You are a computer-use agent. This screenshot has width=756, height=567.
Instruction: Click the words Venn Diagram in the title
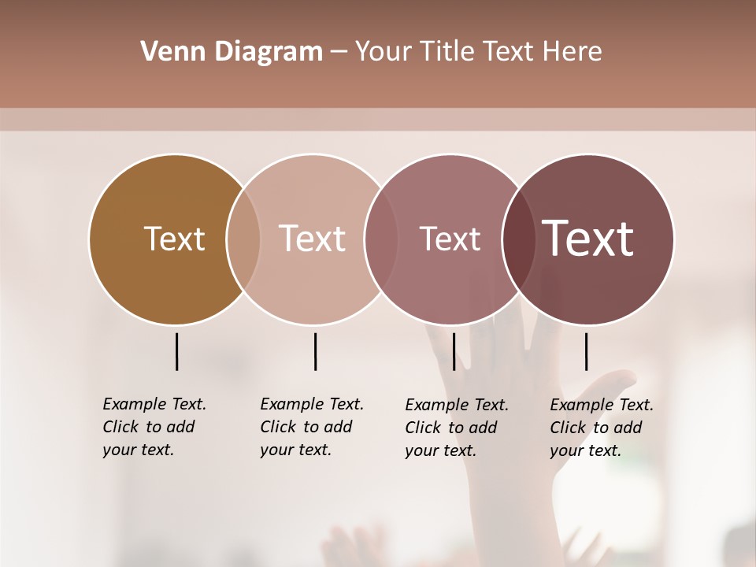[232, 52]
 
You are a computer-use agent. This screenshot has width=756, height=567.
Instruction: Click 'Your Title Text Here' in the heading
[478, 52]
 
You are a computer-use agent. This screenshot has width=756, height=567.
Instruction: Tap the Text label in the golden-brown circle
[174, 239]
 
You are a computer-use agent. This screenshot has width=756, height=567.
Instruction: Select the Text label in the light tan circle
[312, 239]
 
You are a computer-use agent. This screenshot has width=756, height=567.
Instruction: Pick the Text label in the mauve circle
[450, 239]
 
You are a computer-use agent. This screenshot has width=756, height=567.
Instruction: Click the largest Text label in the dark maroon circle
[587, 239]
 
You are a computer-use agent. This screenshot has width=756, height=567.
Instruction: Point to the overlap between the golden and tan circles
[243, 239]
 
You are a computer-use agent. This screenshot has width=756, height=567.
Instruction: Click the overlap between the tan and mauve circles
[381, 239]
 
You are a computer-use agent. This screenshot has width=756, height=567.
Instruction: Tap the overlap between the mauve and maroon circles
[518, 239]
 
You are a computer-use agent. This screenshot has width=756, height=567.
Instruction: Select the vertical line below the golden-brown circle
[176, 351]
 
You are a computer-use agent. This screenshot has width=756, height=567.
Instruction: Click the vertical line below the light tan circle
[315, 351]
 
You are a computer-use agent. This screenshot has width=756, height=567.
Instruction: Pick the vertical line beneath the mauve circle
[454, 351]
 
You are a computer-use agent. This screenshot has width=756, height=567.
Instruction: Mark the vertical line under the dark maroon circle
[586, 351]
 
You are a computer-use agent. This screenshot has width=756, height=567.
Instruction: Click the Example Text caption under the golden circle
[154, 427]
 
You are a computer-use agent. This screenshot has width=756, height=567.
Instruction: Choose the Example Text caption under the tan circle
[312, 427]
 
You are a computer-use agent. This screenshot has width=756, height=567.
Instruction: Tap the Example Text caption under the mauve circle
[457, 428]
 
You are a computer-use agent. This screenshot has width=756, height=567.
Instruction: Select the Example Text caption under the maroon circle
[602, 428]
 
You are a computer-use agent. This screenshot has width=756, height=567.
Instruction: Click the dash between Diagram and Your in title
[339, 52]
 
